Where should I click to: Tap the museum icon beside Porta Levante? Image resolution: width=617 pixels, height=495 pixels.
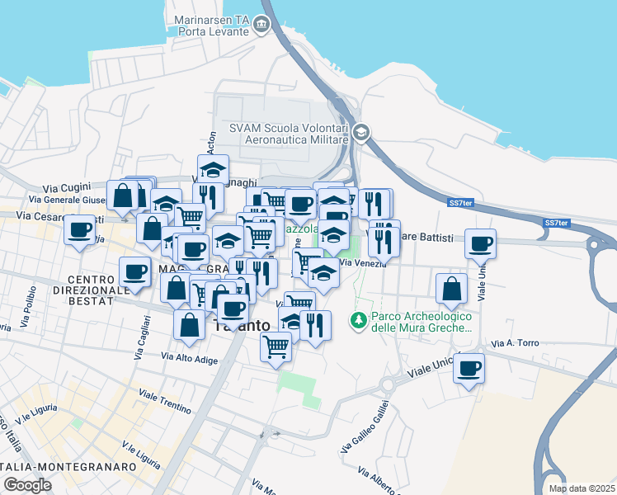click(262, 26)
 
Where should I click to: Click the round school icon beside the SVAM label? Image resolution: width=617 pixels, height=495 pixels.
click(360, 133)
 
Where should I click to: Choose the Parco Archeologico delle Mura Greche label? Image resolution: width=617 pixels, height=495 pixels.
click(422, 322)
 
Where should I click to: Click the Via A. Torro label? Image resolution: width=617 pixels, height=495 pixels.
click(514, 342)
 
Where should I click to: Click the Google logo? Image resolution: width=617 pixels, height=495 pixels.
click(26, 485)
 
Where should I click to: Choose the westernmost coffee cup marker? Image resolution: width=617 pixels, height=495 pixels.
click(80, 229)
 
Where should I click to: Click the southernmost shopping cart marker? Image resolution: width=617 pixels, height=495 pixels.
click(276, 345)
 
